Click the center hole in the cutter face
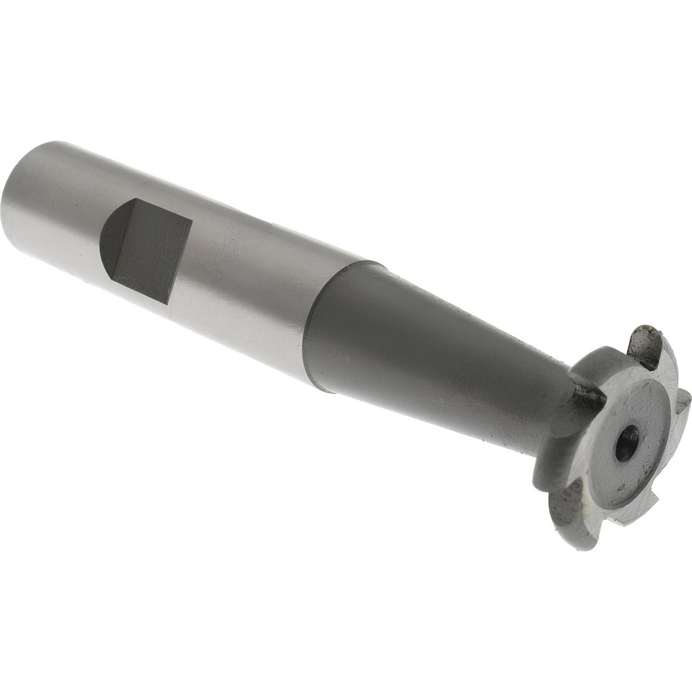tap(627, 443)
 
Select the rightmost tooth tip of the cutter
tap(685, 401)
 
